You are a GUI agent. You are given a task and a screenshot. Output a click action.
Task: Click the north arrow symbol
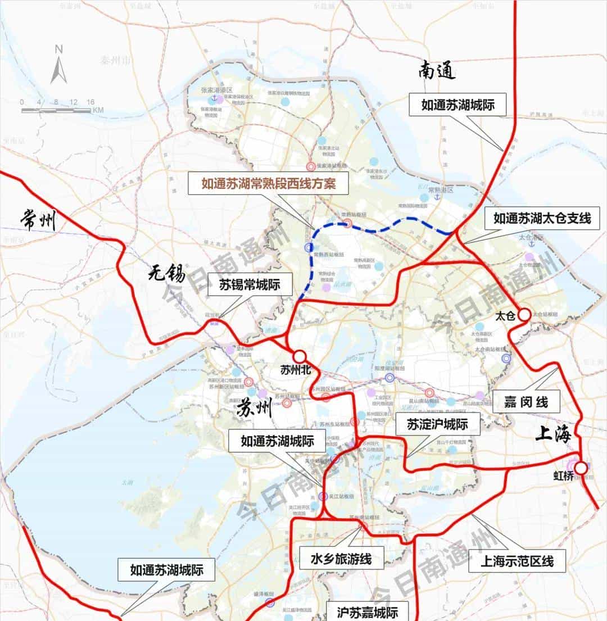pos(58,66)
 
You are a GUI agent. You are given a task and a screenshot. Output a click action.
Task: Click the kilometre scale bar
pos(56,110)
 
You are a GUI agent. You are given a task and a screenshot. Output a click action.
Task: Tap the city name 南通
pos(436,71)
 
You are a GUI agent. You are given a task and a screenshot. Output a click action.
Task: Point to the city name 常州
pos(38,219)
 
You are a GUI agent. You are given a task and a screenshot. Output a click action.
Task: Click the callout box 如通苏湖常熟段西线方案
pos(269,183)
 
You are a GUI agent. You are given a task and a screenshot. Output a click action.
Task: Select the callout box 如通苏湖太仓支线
pos(542,218)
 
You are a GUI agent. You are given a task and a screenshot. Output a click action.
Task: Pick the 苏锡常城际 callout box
pos(249,285)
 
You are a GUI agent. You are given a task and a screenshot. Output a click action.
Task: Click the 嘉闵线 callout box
pos(526,402)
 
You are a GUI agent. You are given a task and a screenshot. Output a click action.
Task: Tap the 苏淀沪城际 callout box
pos(438,424)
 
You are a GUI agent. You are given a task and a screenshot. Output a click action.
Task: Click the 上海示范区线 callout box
pos(517,561)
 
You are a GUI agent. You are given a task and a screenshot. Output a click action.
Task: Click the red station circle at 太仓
pos(523,315)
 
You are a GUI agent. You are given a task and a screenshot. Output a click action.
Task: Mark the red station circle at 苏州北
pos(299,356)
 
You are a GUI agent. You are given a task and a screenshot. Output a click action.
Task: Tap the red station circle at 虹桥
pos(581,467)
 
